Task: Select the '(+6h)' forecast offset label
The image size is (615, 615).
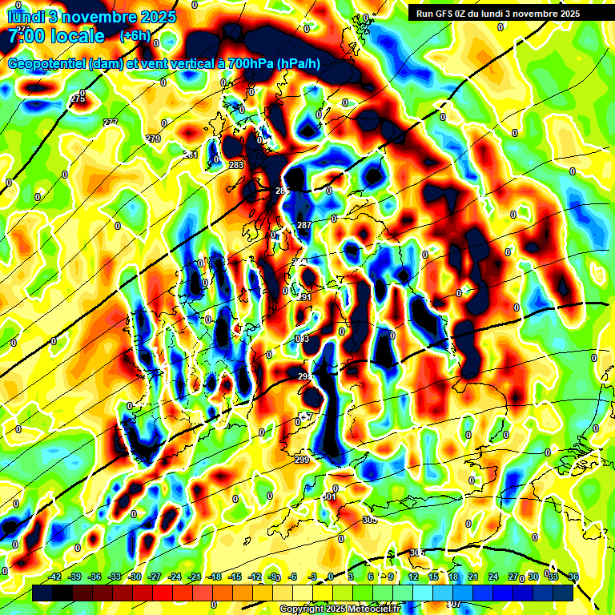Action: pos(134,35)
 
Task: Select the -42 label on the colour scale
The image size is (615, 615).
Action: pos(55,577)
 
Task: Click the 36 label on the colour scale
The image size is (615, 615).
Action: pos(573,577)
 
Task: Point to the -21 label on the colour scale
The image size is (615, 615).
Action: pos(195,577)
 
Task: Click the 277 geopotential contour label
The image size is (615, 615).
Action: pos(111,122)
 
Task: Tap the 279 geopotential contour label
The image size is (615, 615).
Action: pos(153,139)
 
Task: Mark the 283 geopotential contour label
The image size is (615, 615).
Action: pos(236,165)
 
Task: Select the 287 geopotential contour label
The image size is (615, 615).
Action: pos(304,225)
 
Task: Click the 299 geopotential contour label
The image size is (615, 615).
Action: pos(302,460)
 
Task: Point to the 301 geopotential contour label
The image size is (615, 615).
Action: pos(329,496)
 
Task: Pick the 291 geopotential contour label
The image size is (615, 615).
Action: pos(304,297)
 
